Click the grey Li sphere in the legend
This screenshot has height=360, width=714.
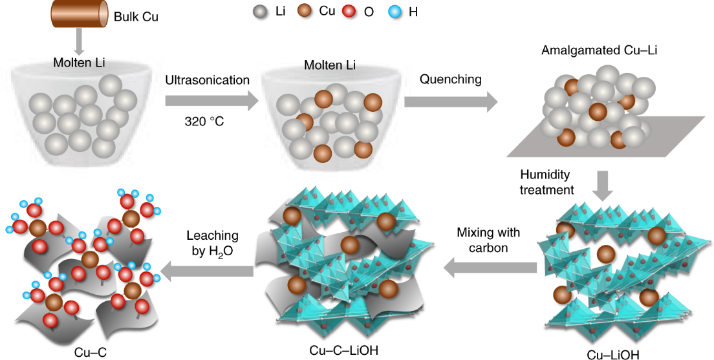point(259,12)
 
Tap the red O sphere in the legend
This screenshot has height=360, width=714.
point(352,12)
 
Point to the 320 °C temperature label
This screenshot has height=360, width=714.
point(204,121)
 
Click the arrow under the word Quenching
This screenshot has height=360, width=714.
point(451,101)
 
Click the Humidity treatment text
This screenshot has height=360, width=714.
point(546,182)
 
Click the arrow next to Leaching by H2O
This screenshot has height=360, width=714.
point(207,272)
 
